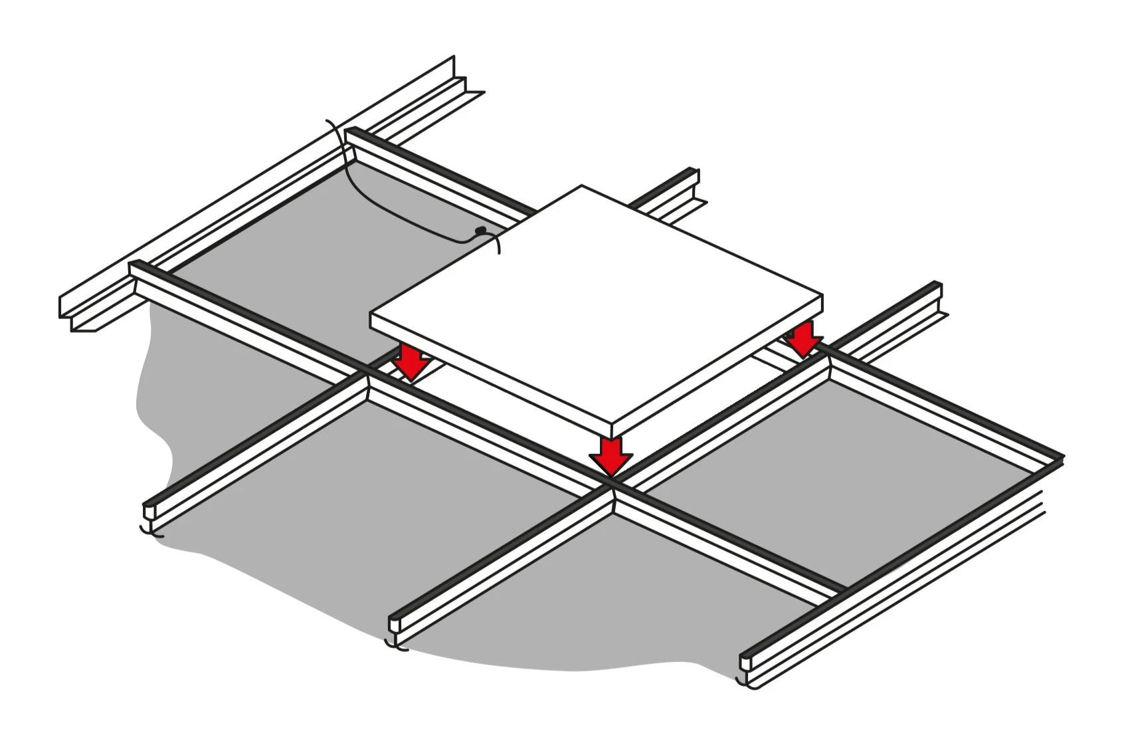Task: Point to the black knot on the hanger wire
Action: coord(481,231)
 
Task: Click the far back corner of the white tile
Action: coord(582,187)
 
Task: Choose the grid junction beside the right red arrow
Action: coord(828,358)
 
